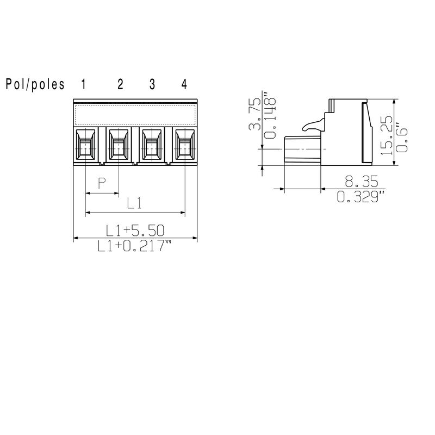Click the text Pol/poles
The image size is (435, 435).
coord(35,84)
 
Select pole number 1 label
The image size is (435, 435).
coord(83,84)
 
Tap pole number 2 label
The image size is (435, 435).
coord(120,84)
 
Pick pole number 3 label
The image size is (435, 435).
coord(152,84)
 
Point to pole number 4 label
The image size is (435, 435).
coord(184,84)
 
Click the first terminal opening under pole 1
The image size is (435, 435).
coord(86,145)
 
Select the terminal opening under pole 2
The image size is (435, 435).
coord(119,145)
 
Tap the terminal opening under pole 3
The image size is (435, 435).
coord(152,145)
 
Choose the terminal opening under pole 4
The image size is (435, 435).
coord(185,145)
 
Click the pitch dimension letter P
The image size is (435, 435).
coord(102,183)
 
